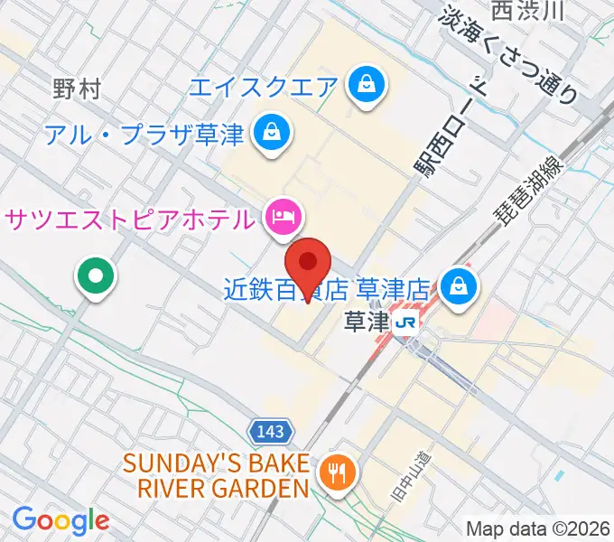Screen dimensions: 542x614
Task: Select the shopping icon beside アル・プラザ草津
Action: [269, 134]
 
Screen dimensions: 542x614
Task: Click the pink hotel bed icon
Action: [283, 216]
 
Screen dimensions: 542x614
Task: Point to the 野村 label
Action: [77, 89]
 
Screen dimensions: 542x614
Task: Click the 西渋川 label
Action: [528, 10]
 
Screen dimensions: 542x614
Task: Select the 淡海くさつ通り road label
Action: [510, 54]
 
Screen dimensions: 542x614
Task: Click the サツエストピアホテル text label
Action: [130, 218]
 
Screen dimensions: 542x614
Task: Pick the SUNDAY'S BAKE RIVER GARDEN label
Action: [216, 476]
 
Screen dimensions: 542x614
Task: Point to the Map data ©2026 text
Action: [537, 528]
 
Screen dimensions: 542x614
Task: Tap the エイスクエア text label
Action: [264, 88]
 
